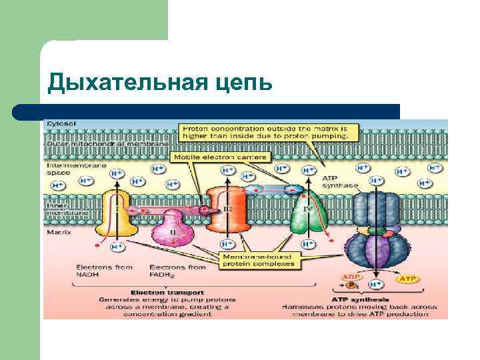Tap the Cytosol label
(61, 124)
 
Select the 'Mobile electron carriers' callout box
(220, 157)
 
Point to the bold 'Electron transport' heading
(158, 291)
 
